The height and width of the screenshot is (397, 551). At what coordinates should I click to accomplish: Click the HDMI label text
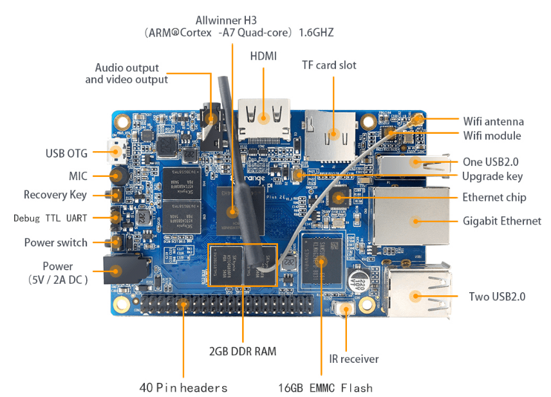click(x=263, y=57)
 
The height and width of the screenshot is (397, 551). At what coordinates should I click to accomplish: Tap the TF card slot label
click(x=329, y=65)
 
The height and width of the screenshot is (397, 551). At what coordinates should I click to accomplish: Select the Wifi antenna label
click(x=493, y=121)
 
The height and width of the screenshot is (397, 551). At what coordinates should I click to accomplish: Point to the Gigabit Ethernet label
click(x=502, y=221)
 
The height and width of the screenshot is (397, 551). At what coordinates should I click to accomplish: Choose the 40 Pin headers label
click(x=183, y=387)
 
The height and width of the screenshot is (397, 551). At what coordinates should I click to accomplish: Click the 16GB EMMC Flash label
click(x=325, y=387)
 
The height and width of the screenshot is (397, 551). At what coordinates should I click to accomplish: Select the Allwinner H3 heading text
click(x=239, y=19)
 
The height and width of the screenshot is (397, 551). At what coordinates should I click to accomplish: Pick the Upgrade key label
click(x=492, y=176)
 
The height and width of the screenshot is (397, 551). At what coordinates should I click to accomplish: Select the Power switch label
click(x=55, y=243)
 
